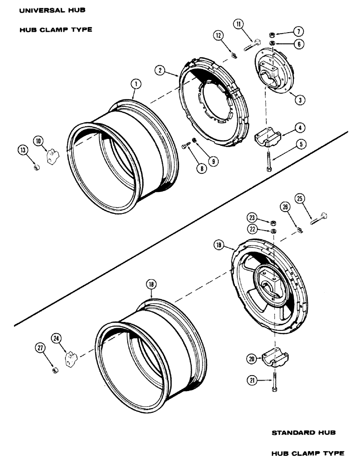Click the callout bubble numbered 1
(x=135, y=84)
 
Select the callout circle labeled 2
(x=160, y=70)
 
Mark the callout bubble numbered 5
(x=302, y=144)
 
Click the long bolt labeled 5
(x=270, y=162)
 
